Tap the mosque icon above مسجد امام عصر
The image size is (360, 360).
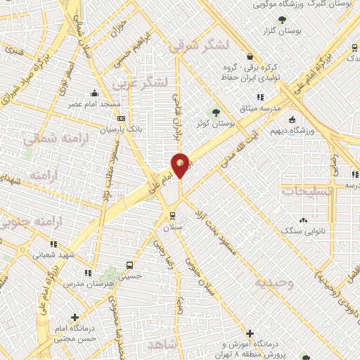pyautogui.click(x=95, y=93)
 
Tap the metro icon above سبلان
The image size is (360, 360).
pyautogui.click(x=172, y=215)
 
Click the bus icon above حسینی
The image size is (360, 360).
pyautogui.click(x=129, y=265)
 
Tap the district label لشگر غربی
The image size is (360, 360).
pyautogui.click(x=140, y=82)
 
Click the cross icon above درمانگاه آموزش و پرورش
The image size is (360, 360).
pyautogui.click(x=250, y=333)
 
